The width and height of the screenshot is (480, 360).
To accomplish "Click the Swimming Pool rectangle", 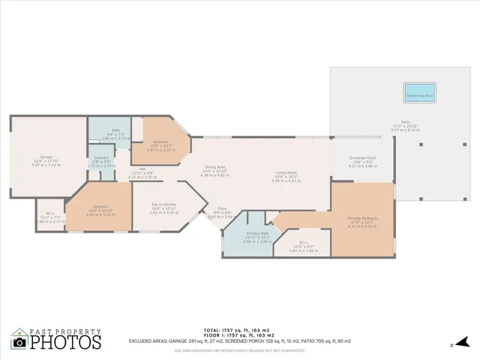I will (x=419, y=96).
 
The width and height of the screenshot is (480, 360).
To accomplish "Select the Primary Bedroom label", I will (x=362, y=220).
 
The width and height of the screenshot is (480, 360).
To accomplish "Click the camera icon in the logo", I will (x=19, y=342).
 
